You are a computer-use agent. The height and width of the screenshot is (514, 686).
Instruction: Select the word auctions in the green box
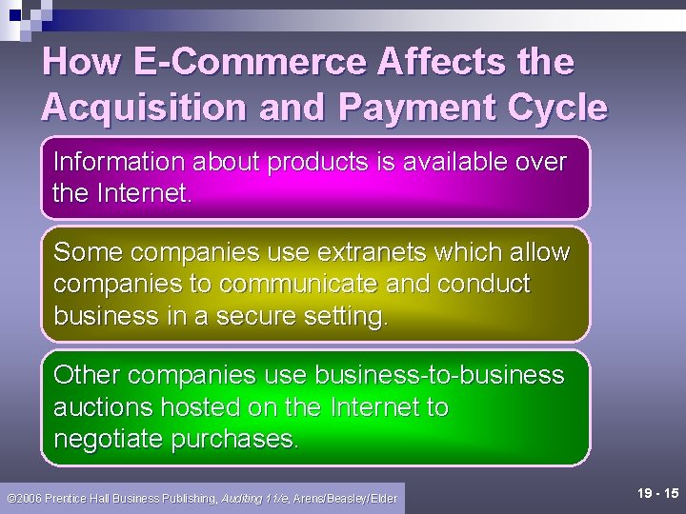coord(103,407)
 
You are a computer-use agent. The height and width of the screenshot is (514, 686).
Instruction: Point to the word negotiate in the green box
coord(109,439)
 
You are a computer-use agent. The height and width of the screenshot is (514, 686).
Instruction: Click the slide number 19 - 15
coord(657,493)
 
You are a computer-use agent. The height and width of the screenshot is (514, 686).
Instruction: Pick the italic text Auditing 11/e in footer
coord(254,498)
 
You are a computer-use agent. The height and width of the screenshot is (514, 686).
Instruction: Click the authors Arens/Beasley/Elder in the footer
coord(345,498)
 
